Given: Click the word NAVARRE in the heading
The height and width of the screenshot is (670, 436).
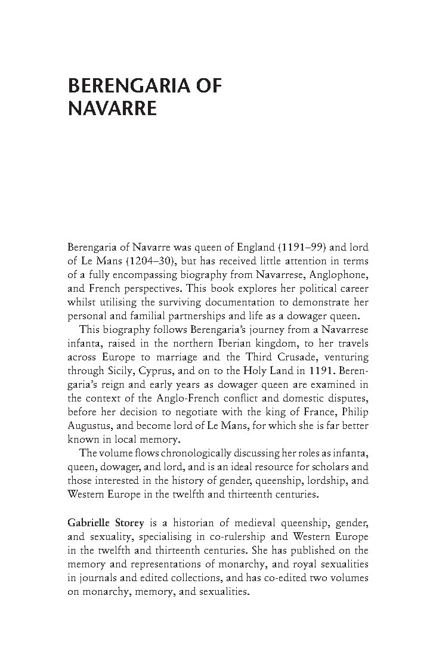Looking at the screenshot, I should pyautogui.click(x=112, y=110).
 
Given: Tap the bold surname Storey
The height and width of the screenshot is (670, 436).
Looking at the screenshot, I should pyautogui.click(x=131, y=523).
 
